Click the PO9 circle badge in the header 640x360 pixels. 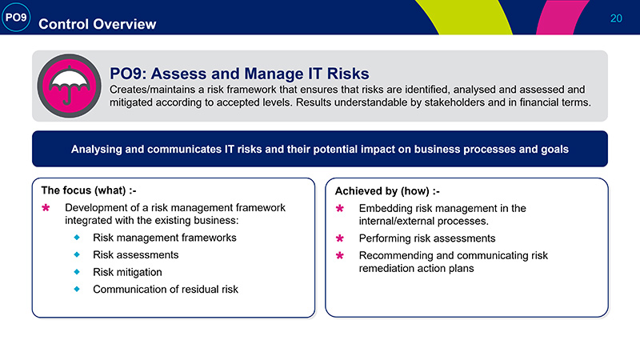pyautogui.click(x=16, y=17)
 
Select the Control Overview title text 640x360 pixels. pyautogui.click(x=97, y=24)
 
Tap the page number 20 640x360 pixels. pyautogui.click(x=616, y=18)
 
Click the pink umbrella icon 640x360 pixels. pyautogui.click(x=69, y=86)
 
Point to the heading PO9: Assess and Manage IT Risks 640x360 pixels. pyautogui.click(x=239, y=74)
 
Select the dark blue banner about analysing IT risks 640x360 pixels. pyautogui.click(x=319, y=149)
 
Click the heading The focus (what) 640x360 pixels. pyautogui.click(x=89, y=190)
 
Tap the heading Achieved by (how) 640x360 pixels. pyautogui.click(x=387, y=191)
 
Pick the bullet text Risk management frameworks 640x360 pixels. pyautogui.click(x=165, y=238)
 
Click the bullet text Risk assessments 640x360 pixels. pyautogui.click(x=135, y=254)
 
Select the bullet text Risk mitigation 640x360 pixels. pyautogui.click(x=127, y=272)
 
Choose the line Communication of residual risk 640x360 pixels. pyautogui.click(x=166, y=290)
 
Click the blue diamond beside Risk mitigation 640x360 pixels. pyautogui.click(x=77, y=272)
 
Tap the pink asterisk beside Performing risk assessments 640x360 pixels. pyautogui.click(x=339, y=238)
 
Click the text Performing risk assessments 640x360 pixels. pyautogui.click(x=427, y=238)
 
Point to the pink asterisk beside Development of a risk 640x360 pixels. pyautogui.click(x=46, y=208)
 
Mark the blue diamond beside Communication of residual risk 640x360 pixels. pyautogui.click(x=77, y=289)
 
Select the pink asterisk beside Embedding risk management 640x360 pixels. pyautogui.click(x=339, y=209)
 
